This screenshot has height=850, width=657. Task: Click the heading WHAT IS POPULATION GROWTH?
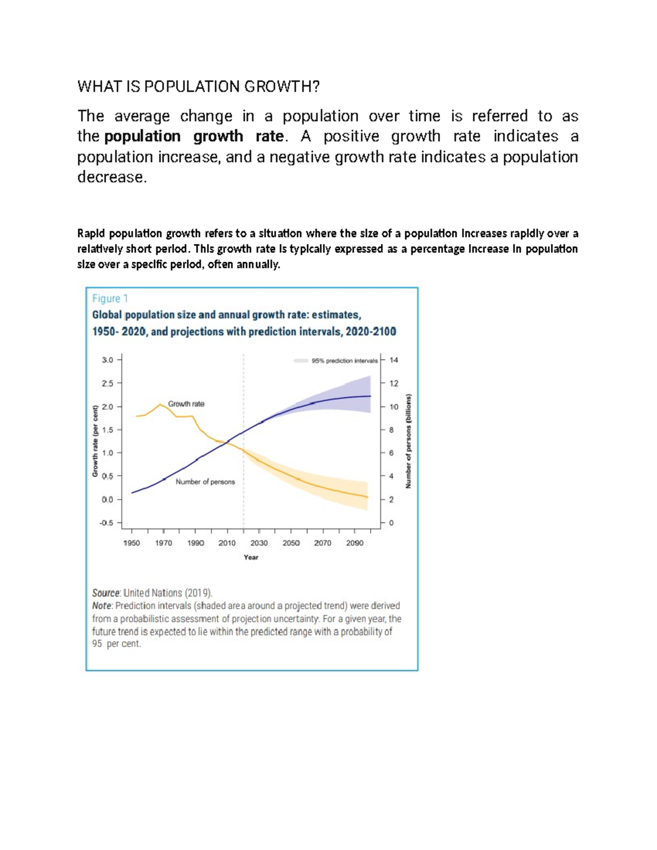[198, 86]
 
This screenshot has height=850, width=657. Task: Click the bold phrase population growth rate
[194, 136]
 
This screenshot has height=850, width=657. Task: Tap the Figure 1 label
[109, 298]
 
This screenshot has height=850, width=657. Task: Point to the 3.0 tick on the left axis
[107, 360]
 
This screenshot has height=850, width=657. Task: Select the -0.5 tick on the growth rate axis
[106, 523]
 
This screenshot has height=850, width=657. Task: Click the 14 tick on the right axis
[394, 360]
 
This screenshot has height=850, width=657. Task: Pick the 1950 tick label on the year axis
[131, 543]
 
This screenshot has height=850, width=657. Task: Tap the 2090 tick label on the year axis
[354, 543]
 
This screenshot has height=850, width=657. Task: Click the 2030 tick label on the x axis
[259, 543]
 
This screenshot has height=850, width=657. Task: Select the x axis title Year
[251, 557]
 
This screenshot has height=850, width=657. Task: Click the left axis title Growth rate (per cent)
[95, 441]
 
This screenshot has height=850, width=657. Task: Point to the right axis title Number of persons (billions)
[408, 441]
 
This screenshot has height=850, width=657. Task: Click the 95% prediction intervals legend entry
[344, 361]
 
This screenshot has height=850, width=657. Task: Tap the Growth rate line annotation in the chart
[186, 404]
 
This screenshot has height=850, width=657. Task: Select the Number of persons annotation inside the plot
[205, 482]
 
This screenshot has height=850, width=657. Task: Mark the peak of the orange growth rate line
[160, 404]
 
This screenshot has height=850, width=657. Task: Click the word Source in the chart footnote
[106, 593]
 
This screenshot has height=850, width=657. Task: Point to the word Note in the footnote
[102, 606]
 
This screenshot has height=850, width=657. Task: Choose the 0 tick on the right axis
[391, 523]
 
